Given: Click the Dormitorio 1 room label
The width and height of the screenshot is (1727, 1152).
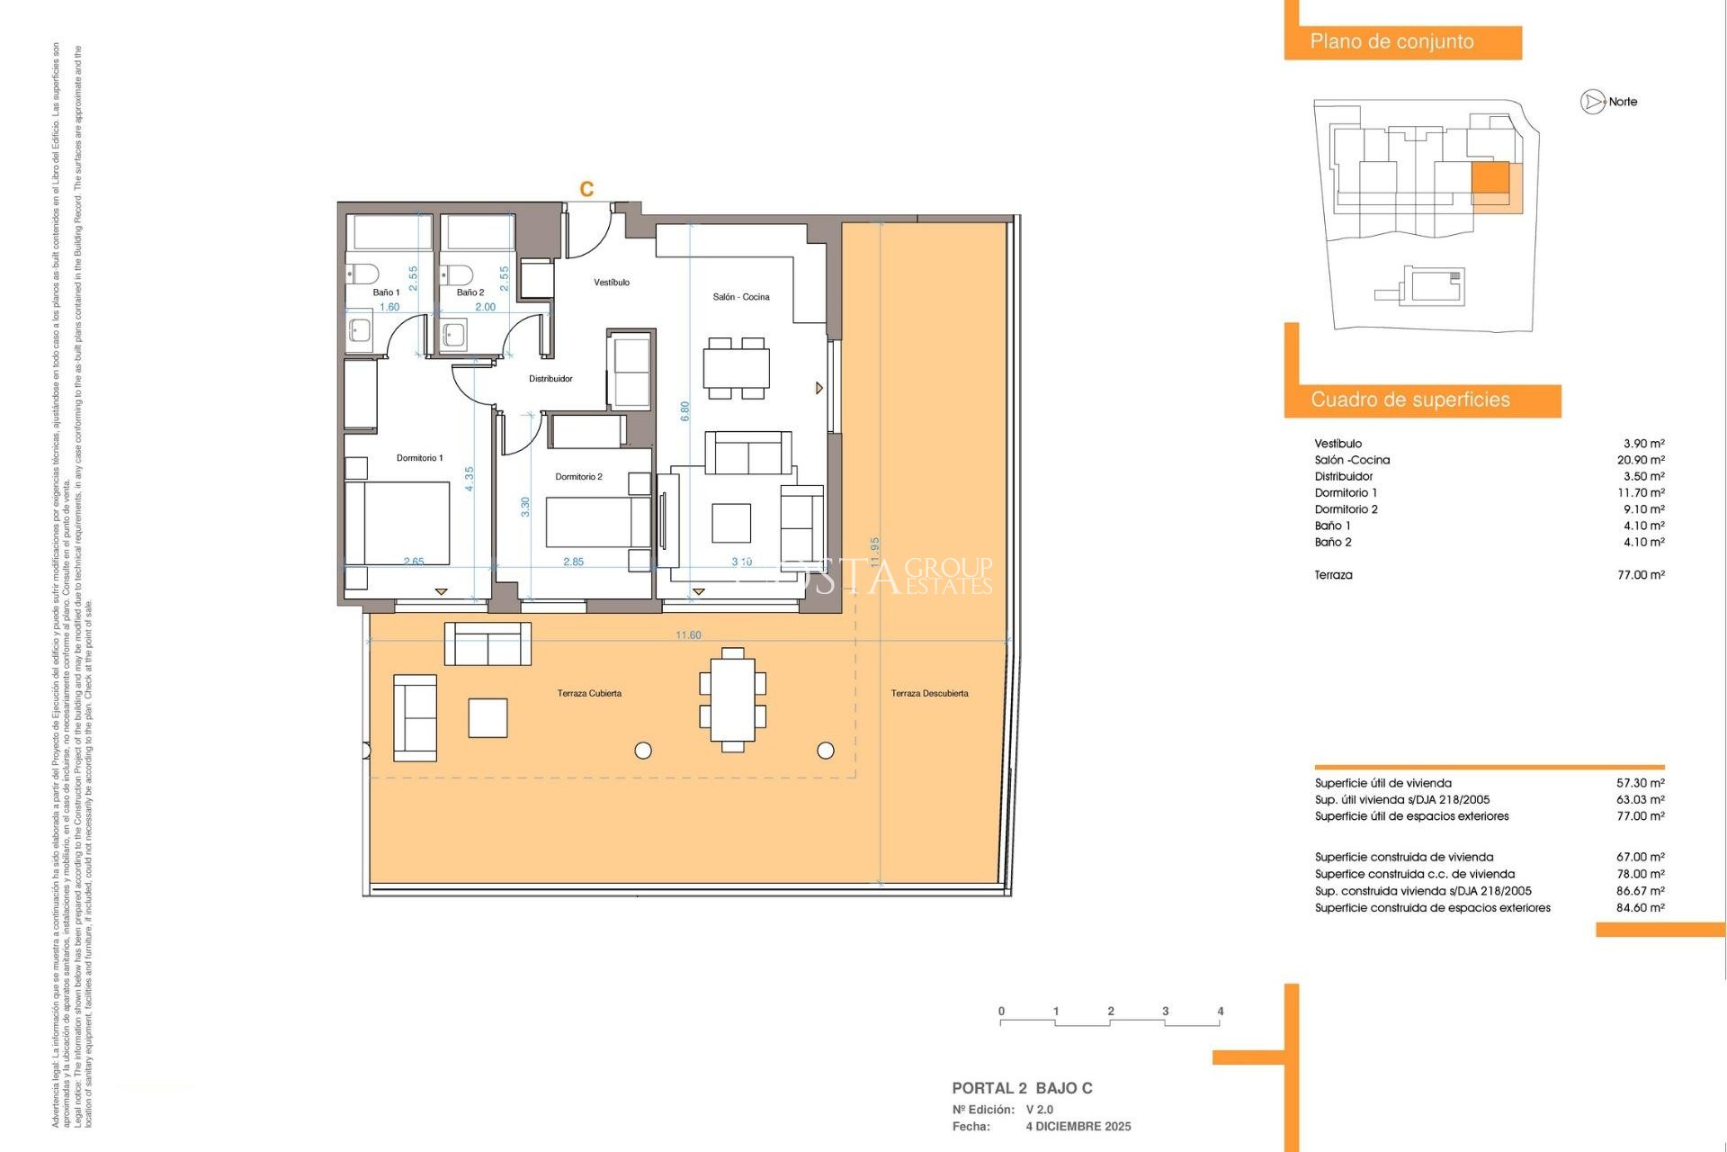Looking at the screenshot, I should pos(419,458).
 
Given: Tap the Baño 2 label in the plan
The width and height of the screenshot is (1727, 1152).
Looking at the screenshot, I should pos(470,292).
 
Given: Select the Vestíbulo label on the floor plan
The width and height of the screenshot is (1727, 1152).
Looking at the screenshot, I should pos(612,283).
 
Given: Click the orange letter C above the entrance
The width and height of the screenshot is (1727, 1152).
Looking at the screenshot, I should pos(586,189).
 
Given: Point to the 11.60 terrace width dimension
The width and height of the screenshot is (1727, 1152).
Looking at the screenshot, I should pos(688,635).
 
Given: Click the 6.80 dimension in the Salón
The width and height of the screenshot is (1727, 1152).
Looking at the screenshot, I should pos(685,411).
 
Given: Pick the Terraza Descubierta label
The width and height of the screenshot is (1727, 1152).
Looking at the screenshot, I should pos(929,693).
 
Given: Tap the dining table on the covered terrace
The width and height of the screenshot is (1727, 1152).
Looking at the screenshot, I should pos(732,699).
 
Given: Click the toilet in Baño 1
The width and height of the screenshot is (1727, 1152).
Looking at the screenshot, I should pos(363,273).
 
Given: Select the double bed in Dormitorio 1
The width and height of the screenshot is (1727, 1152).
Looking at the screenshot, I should pos(398,523).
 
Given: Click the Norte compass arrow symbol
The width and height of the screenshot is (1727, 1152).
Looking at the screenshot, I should pos(1593,103).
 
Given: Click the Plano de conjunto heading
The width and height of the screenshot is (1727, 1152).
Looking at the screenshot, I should pos(1391,41).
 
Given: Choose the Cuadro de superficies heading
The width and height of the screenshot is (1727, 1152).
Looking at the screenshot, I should pos(1409,400).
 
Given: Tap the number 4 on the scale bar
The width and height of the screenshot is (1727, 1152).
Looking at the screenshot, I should pos(1220,1011).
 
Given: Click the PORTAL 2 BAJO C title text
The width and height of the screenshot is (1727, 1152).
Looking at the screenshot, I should pos(1022,1088).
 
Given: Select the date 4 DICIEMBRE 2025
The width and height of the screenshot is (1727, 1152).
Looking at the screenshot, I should pos(1078,1127).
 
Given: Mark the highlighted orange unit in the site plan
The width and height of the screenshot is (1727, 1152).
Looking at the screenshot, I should pos(1490,178).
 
